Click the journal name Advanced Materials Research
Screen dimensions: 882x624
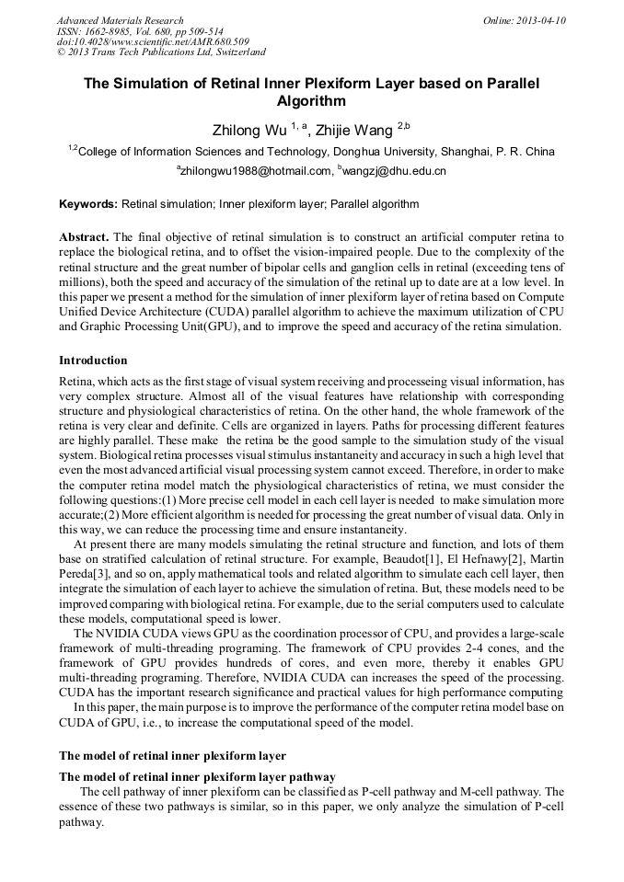120,19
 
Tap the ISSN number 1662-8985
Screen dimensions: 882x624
116,30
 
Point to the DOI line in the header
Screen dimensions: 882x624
153,41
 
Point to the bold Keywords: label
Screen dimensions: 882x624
88,204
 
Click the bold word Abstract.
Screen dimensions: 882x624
85,236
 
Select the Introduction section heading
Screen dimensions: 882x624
93,360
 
